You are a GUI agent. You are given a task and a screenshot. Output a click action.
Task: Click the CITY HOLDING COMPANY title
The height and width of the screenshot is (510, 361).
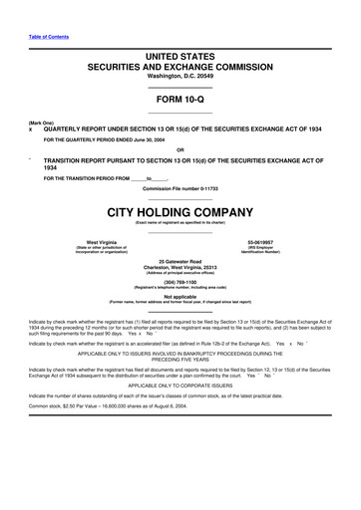click(x=180, y=211)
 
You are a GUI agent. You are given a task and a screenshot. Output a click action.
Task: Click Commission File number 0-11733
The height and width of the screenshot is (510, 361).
click(x=180, y=188)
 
